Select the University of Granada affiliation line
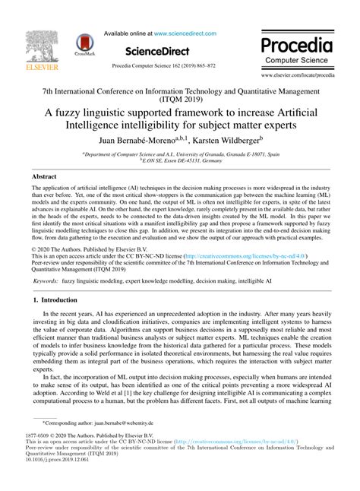pos(180,153)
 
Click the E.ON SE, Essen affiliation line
pos(180,160)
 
